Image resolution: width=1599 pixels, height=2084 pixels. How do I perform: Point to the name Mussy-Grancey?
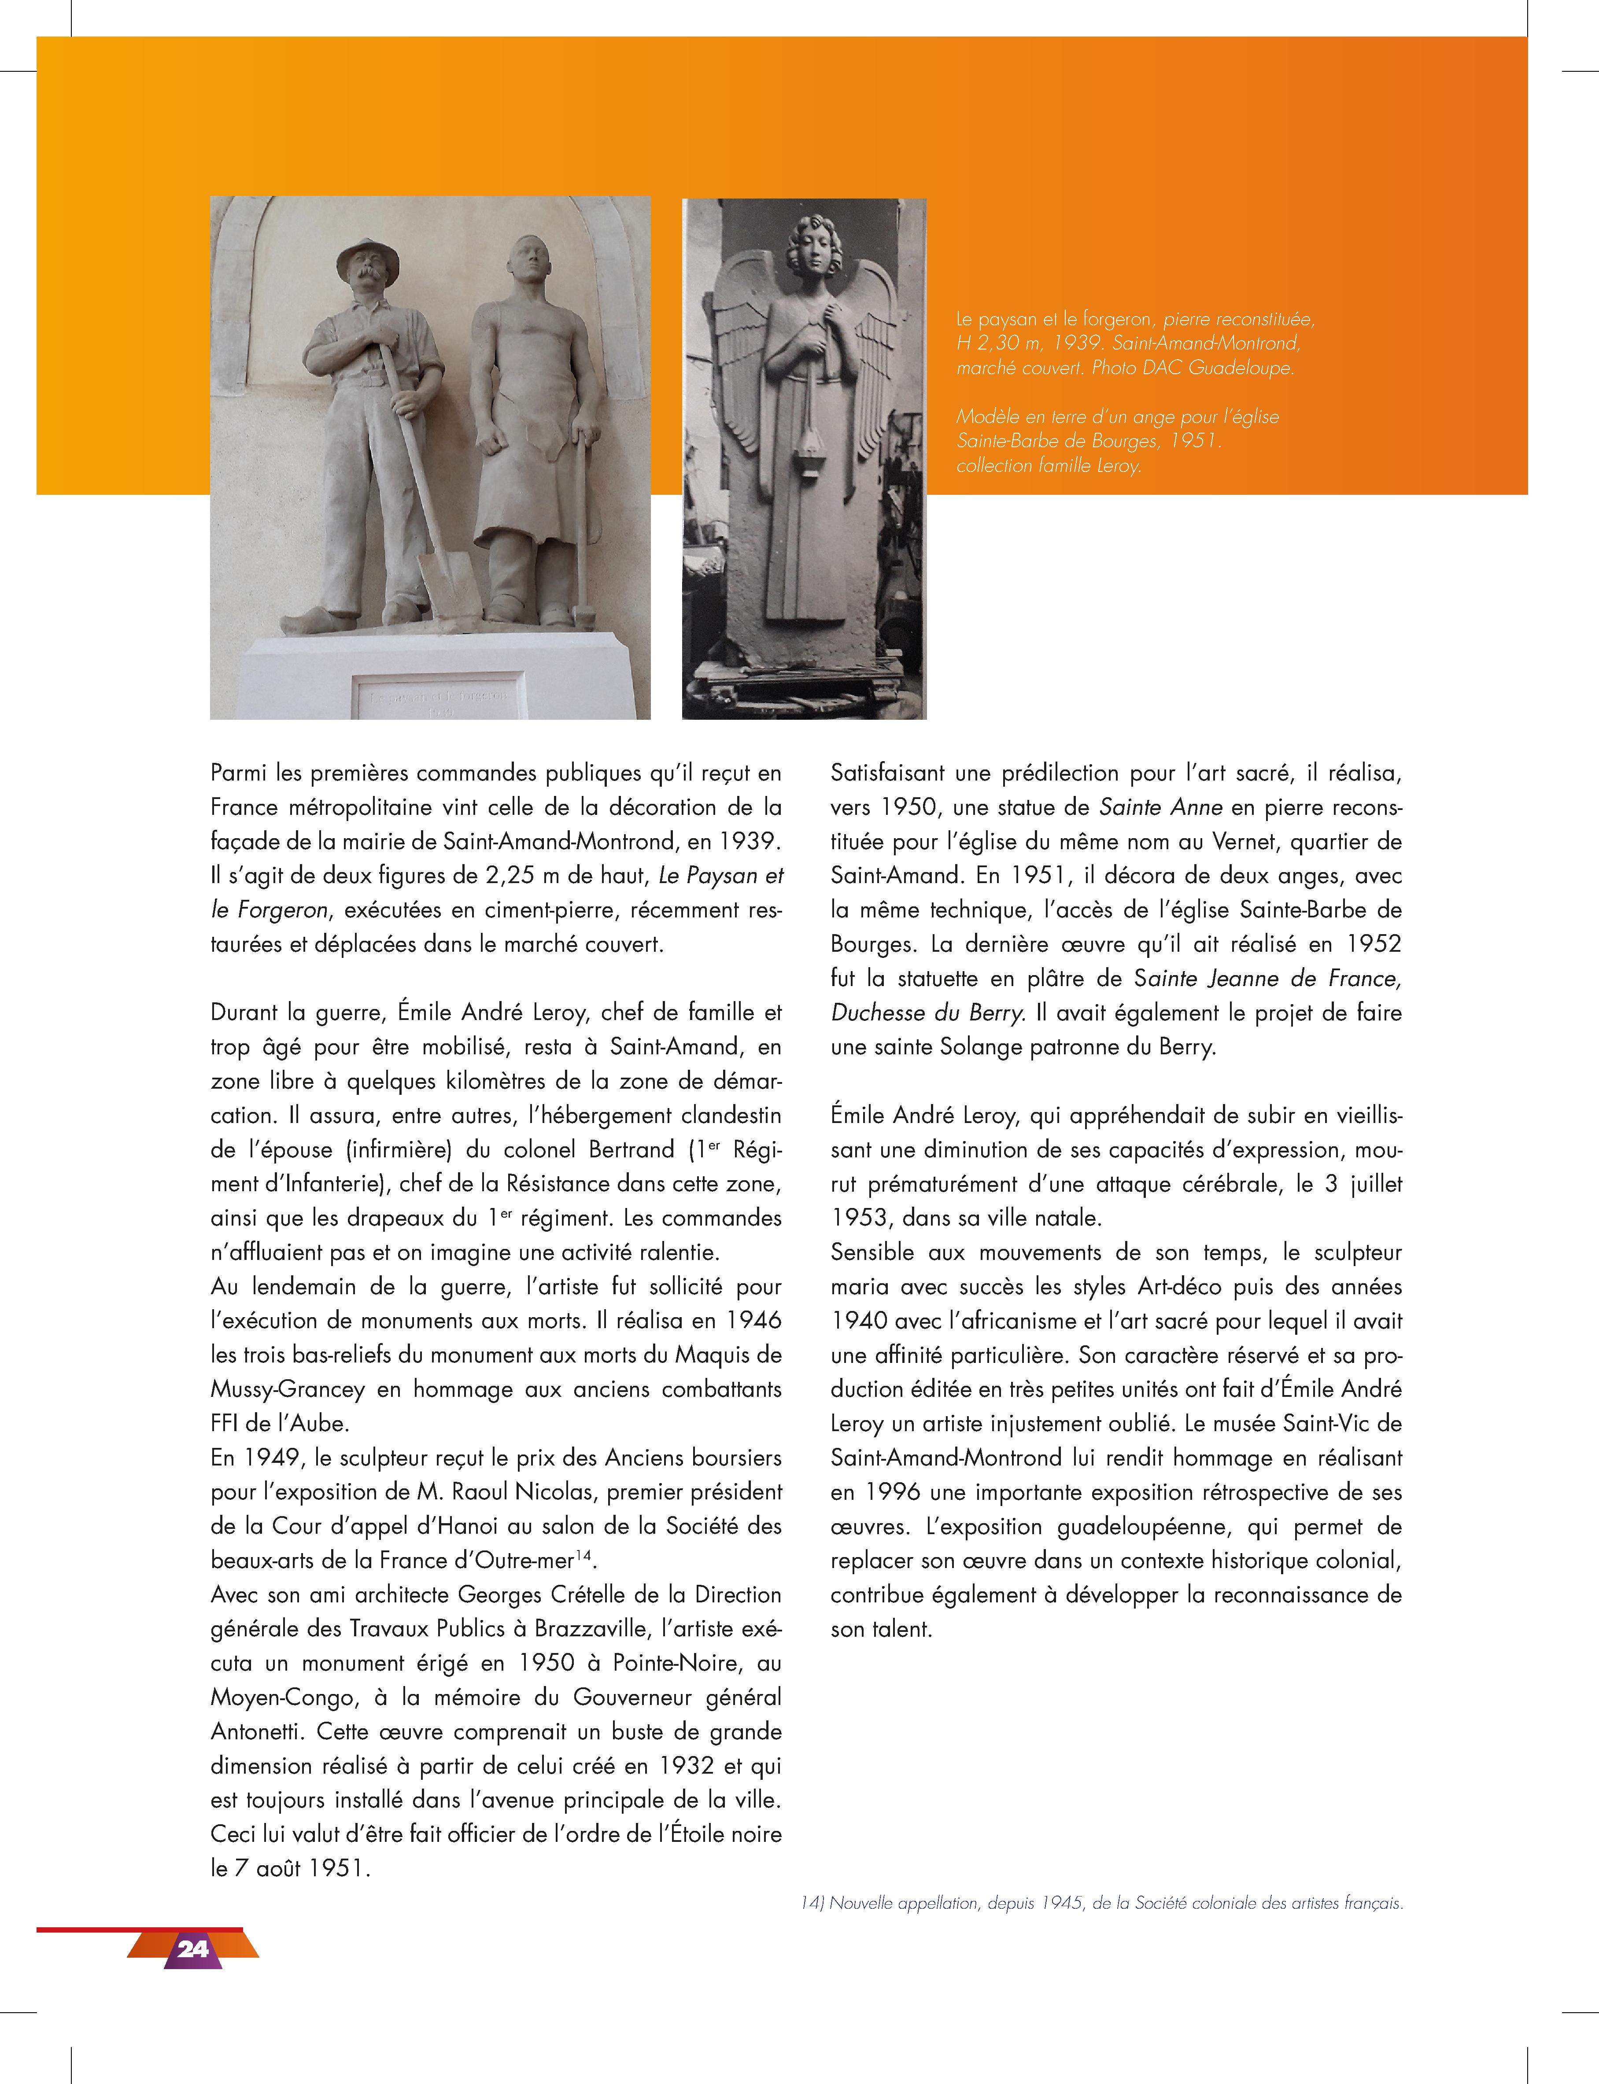click(288, 1389)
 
